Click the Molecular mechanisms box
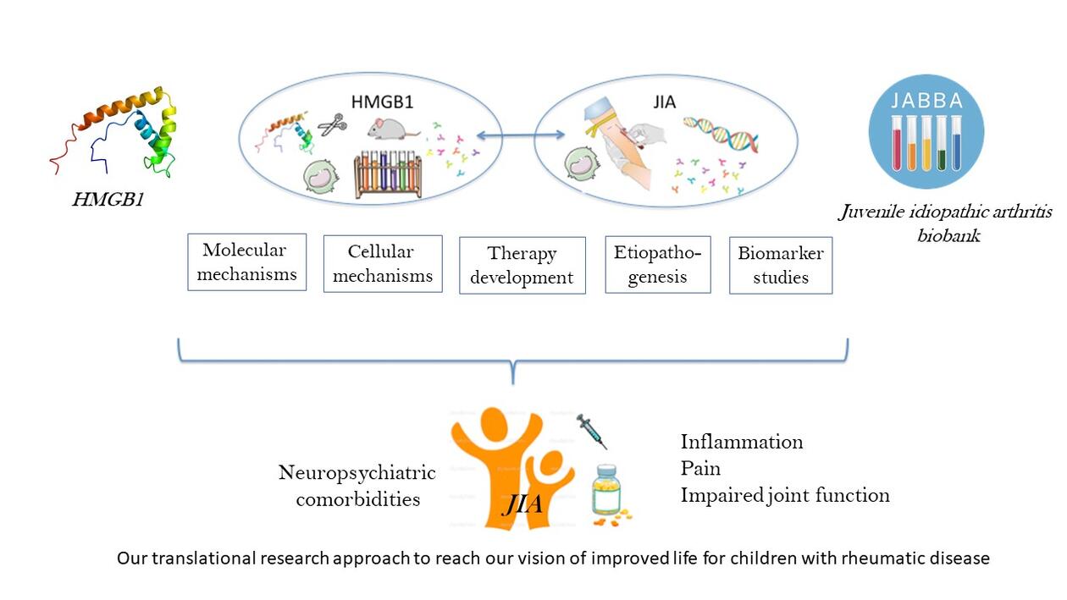click(246, 262)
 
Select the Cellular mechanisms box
click(383, 264)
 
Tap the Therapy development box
click(522, 266)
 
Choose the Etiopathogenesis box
click(658, 264)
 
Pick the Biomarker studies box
click(781, 266)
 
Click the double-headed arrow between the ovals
click(521, 135)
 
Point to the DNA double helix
click(721, 134)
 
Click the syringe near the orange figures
click(592, 432)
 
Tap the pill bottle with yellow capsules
click(607, 491)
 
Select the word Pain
click(700, 468)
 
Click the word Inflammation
click(742, 442)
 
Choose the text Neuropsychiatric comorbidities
click(357, 486)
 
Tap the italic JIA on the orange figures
click(522, 506)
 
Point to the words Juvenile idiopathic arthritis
click(945, 212)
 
